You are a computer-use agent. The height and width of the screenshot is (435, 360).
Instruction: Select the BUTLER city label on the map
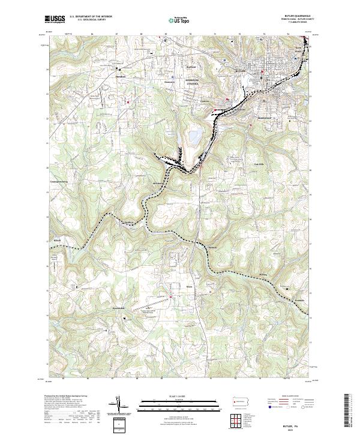[x=241, y=71]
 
